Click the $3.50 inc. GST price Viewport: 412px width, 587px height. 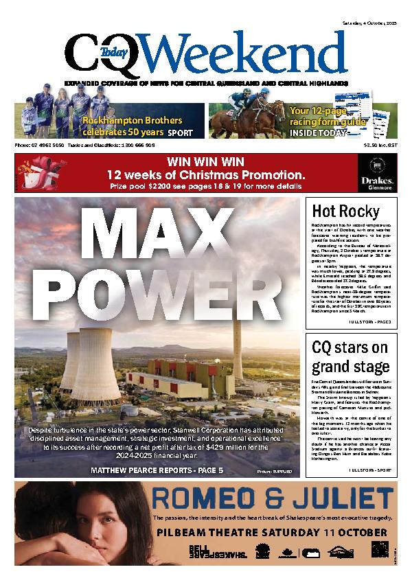381,145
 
